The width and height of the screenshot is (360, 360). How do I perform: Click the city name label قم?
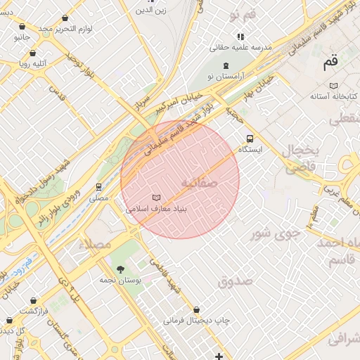point(330,63)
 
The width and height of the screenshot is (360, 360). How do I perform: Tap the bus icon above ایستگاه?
point(250,139)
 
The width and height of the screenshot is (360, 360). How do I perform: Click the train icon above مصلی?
point(99,187)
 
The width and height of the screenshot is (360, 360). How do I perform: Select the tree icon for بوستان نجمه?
point(120,269)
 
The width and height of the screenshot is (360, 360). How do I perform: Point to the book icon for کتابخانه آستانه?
point(334,85)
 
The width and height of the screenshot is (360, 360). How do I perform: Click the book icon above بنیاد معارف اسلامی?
point(156,198)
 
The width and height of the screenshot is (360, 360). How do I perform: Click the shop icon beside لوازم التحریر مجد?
point(65,18)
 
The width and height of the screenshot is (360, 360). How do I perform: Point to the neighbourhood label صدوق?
point(235,281)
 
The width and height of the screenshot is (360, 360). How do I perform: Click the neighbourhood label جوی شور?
point(276,232)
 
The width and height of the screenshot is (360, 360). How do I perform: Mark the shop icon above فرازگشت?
point(33,300)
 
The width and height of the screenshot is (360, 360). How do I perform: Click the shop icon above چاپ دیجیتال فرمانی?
point(196,309)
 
